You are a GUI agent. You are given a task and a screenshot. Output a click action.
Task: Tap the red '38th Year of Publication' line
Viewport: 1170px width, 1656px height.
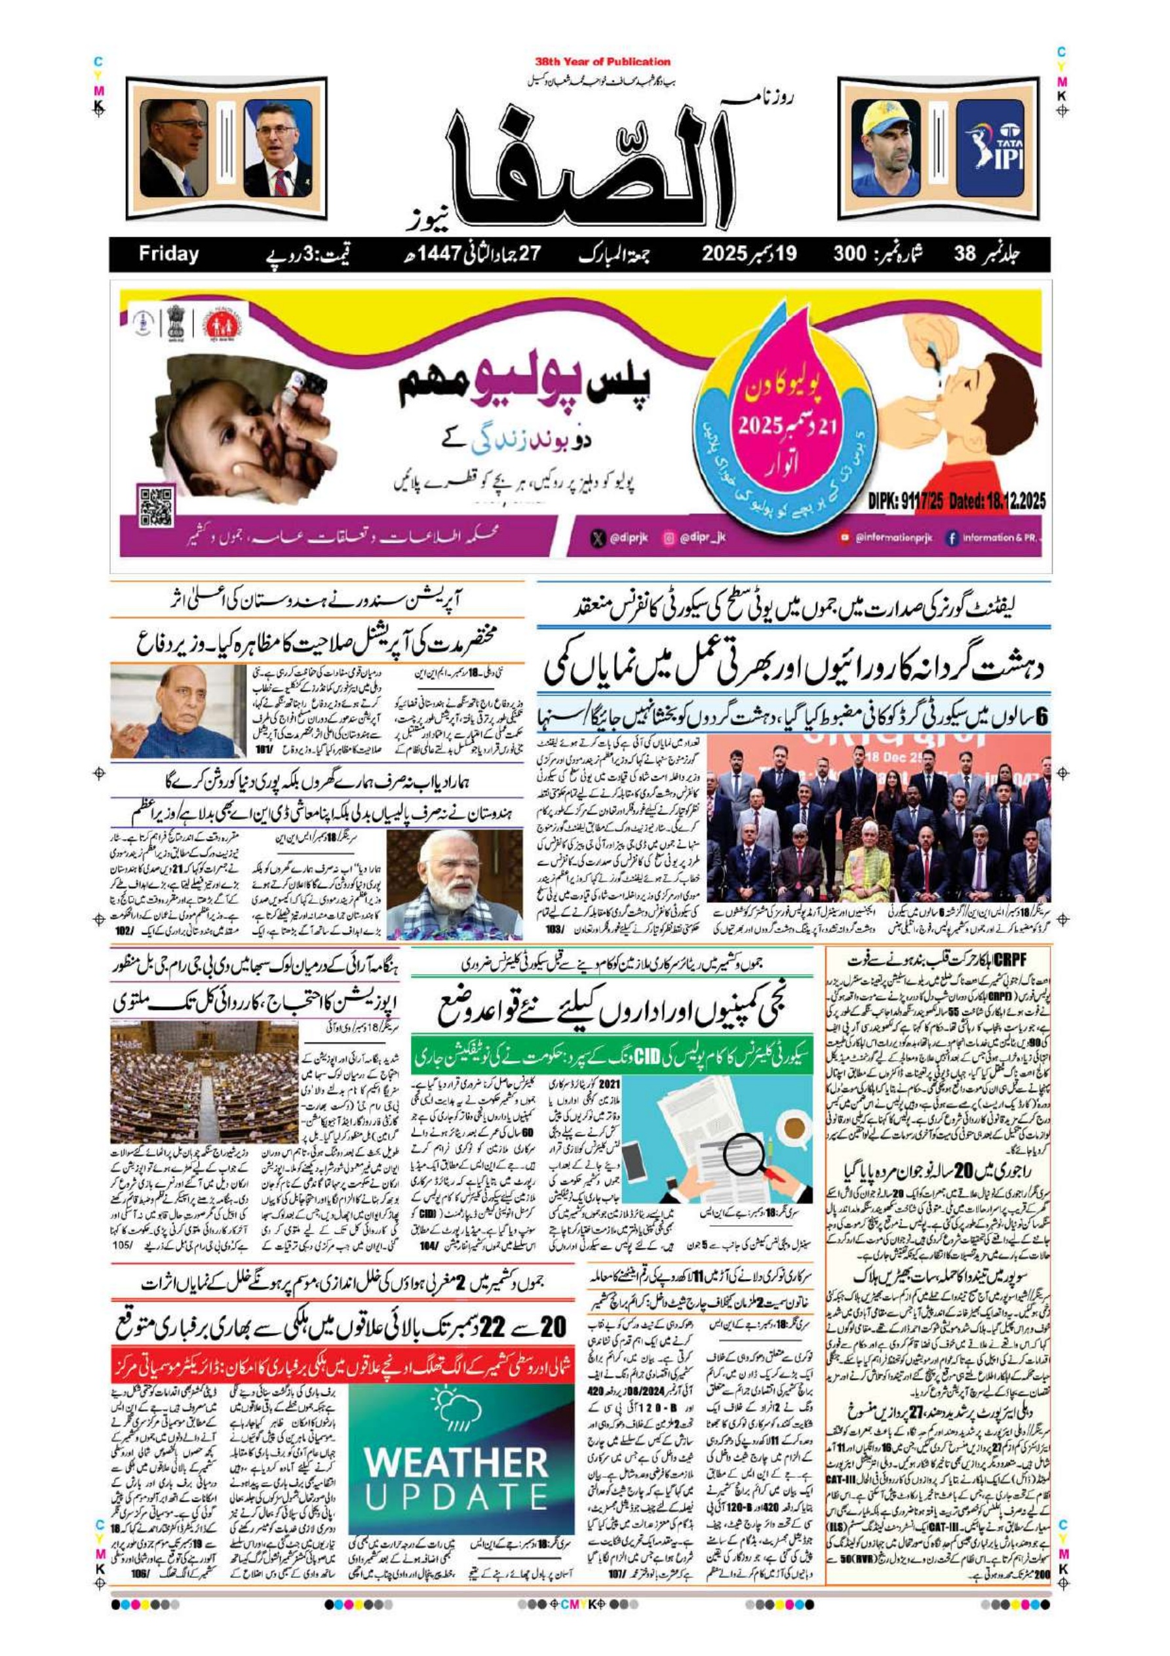602,62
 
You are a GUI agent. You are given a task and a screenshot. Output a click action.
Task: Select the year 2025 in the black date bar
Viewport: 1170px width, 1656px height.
728,254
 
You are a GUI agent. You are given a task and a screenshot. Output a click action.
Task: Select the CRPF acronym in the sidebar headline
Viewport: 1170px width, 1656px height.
1011,958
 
